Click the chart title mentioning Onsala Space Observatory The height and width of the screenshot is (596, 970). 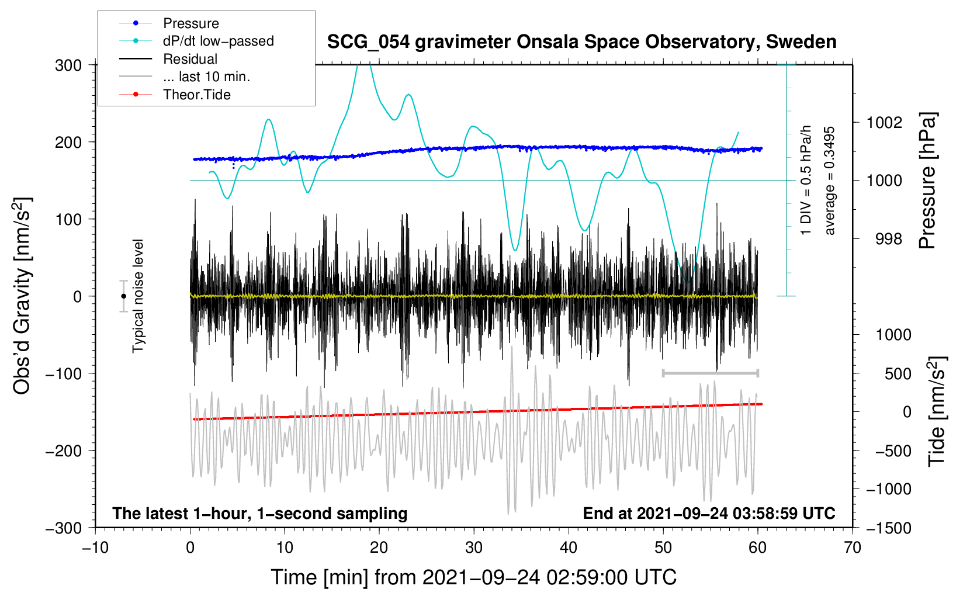click(581, 42)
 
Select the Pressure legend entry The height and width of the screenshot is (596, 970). click(190, 23)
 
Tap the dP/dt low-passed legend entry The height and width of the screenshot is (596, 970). click(218, 41)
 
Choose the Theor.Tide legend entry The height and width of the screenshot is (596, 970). click(196, 95)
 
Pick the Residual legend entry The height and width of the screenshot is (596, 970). click(190, 59)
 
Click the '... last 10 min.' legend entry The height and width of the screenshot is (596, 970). click(206, 77)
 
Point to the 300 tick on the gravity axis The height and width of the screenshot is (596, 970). click(68, 65)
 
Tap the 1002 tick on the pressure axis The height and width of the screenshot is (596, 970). click(884, 123)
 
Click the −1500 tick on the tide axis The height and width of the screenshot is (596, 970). click(889, 528)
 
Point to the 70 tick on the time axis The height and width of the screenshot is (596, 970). click(853, 548)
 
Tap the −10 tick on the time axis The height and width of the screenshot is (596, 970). click(95, 548)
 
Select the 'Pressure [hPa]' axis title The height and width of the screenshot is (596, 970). click(927, 181)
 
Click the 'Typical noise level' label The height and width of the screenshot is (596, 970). click(138, 296)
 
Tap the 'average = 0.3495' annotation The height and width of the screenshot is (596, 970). click(830, 181)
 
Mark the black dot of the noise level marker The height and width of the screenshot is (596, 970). click(123, 296)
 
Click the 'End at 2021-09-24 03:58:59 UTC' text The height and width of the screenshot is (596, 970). click(709, 514)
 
